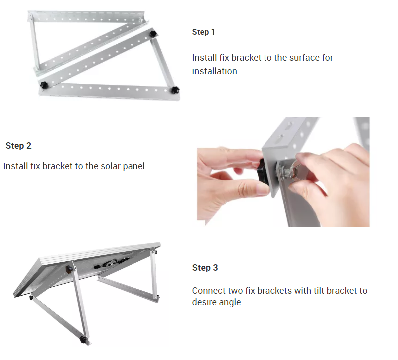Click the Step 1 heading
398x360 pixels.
(203, 32)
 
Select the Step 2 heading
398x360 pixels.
(18, 146)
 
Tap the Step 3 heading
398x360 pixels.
(205, 268)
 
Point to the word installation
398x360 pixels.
(215, 71)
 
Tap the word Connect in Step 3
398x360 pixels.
(209, 290)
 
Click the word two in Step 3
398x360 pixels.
(235, 291)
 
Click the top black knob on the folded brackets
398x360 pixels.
(153, 33)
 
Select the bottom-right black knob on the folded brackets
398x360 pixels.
(175, 90)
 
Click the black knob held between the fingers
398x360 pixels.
(263, 172)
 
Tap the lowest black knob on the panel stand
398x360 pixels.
(82, 339)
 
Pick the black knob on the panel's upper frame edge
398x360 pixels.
(69, 269)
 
